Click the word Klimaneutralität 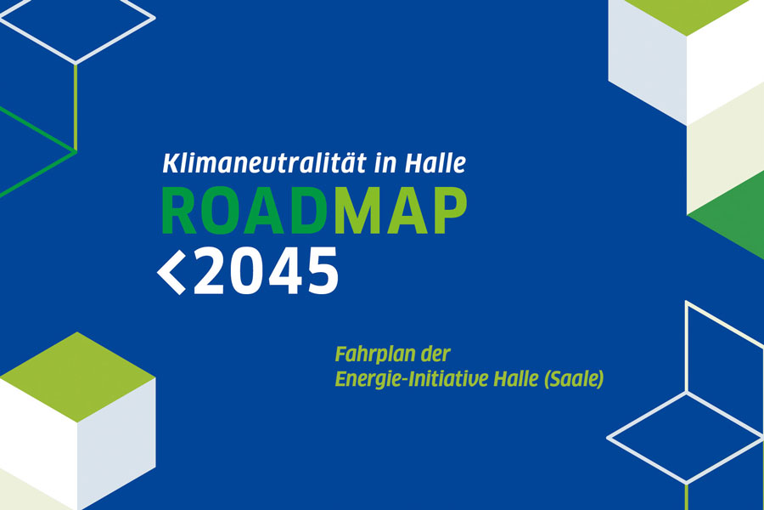(264, 163)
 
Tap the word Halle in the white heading (435, 163)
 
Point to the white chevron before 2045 (171, 271)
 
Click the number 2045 (266, 271)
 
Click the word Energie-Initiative (412, 379)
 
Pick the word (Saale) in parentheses (574, 379)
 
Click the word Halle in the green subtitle (515, 379)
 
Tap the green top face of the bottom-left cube (77, 377)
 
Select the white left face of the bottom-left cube (38, 444)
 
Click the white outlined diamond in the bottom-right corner (686, 438)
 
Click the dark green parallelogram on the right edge (726, 215)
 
